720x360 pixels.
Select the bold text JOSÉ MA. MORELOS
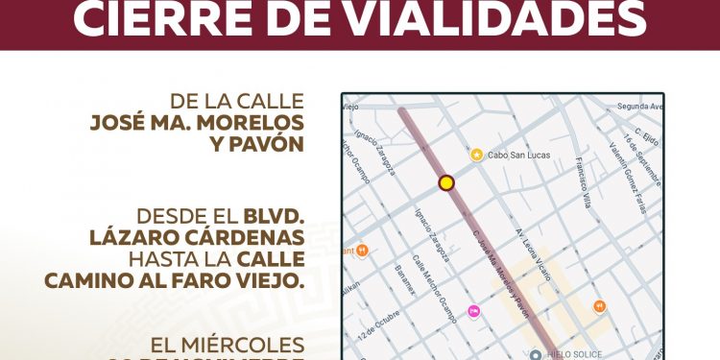tap(196, 123)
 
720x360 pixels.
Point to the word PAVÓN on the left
tap(259, 145)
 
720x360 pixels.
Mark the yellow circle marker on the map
tap(445, 182)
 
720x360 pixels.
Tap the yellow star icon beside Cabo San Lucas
tap(476, 154)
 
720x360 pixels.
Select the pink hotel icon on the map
tap(473, 310)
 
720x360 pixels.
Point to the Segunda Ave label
tap(640, 106)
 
